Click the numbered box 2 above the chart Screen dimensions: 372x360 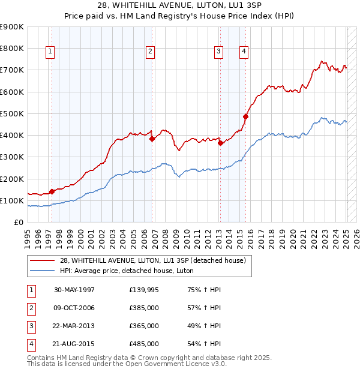149,52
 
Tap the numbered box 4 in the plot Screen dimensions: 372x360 244,52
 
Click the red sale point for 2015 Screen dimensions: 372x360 246,116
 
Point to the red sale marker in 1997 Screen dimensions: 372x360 52,191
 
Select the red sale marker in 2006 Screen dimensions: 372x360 152,139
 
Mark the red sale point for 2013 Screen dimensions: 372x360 220,143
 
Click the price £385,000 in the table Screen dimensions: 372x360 144,308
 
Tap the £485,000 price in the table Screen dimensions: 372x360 144,344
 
